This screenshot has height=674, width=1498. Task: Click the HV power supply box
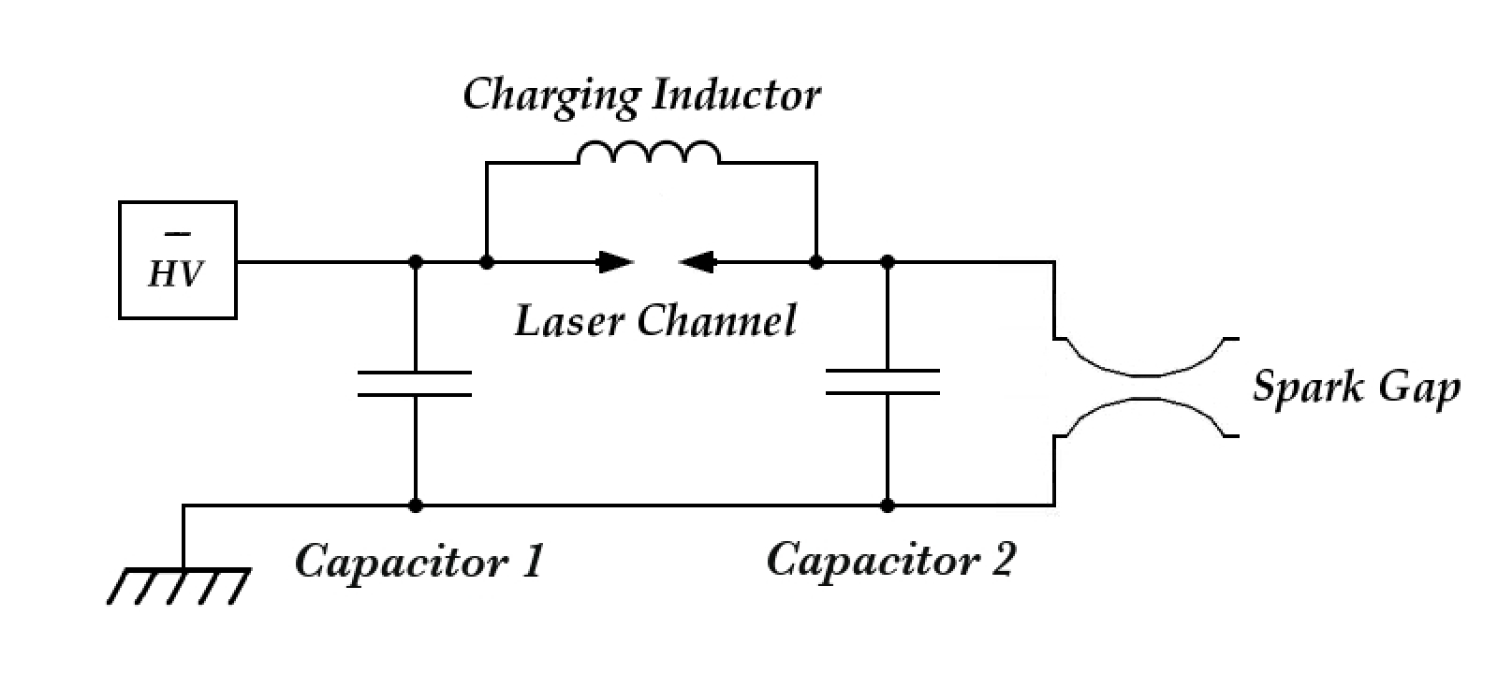[x=177, y=260]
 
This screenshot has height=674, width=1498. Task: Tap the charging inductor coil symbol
[x=649, y=154]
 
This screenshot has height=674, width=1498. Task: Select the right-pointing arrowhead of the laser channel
[x=615, y=262]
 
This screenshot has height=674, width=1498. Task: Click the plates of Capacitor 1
[x=415, y=384]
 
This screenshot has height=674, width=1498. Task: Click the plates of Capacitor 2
[x=883, y=382]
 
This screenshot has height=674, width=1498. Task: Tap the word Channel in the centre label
[x=716, y=321]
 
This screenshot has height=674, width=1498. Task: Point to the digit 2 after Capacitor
[x=1001, y=560]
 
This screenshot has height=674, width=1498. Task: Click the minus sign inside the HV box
[x=177, y=233]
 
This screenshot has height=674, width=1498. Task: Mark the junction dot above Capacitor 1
[x=416, y=262]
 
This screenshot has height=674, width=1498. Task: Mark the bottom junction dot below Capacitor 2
[x=888, y=505]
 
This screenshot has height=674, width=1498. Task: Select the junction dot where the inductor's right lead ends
[x=815, y=262]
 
